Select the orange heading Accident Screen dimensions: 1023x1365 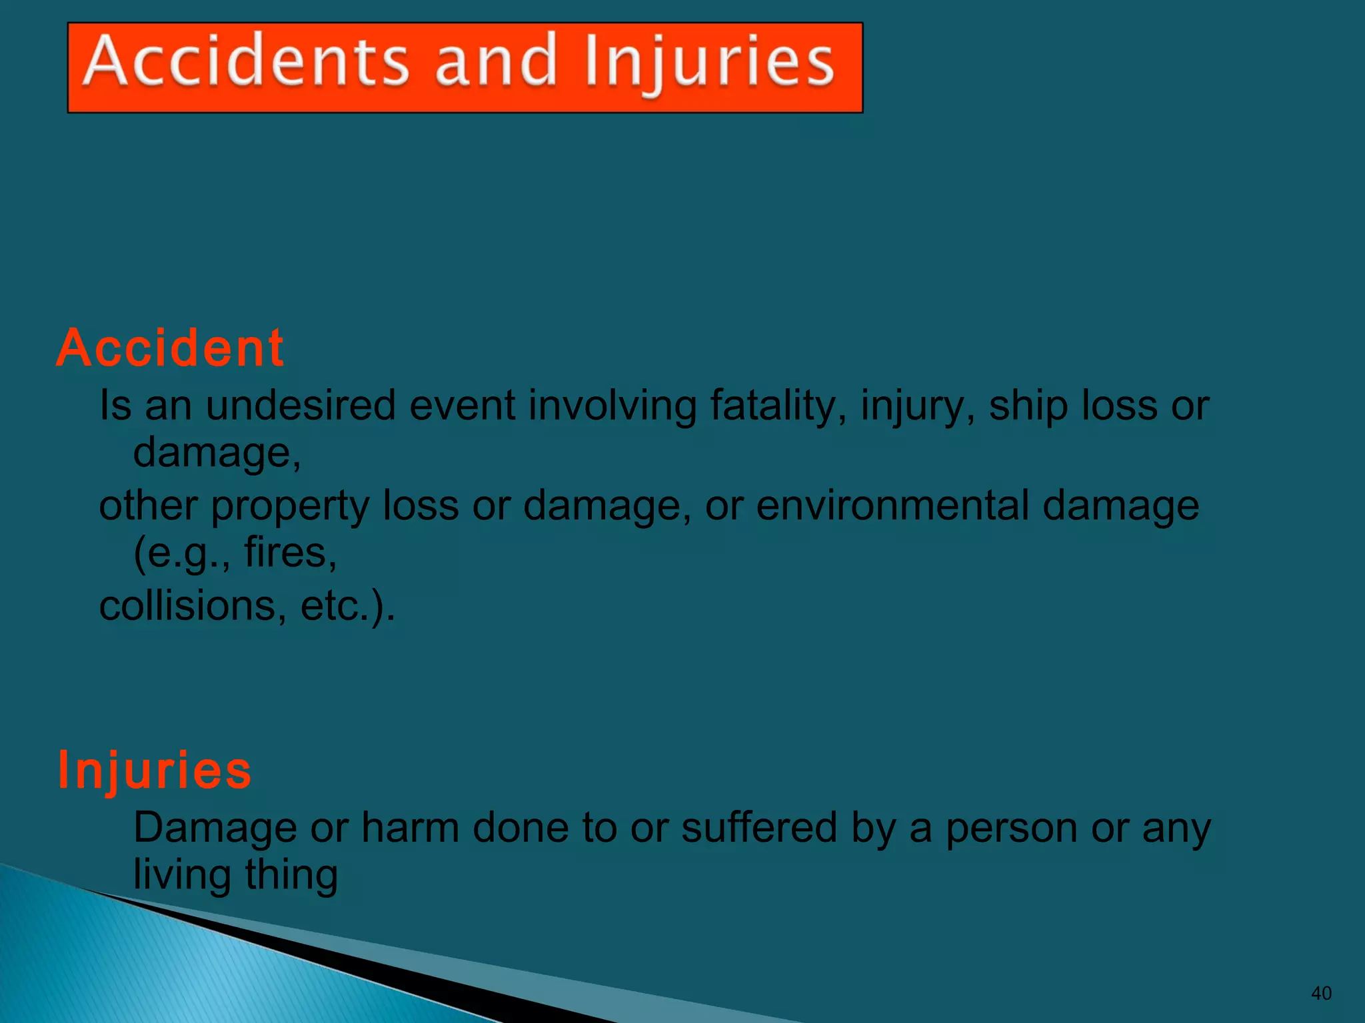[170, 348]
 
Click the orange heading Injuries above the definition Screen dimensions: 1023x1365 [155, 770]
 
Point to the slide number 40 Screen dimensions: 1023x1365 [1320, 993]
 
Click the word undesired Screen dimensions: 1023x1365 [301, 405]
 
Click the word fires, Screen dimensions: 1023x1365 [291, 553]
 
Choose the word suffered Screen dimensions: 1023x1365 [758, 828]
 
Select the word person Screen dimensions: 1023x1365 [1011, 829]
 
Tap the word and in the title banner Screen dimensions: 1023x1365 [495, 62]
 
